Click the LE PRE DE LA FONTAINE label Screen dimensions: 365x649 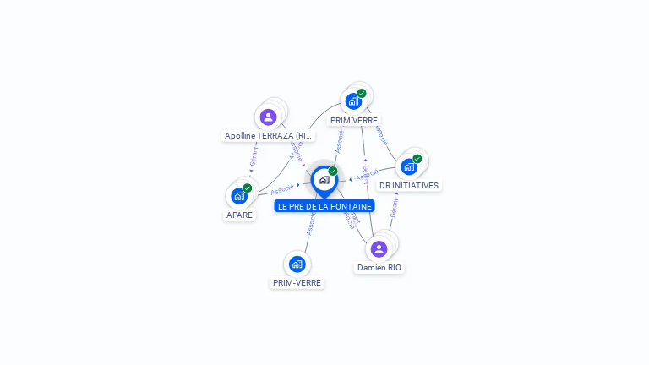point(324,206)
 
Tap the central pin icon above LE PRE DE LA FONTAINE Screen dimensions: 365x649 point(324,180)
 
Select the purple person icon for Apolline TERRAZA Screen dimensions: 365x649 point(269,117)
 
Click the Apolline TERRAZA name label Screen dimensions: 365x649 point(268,135)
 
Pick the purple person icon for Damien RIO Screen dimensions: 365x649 point(379,248)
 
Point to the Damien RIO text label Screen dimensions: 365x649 point(379,267)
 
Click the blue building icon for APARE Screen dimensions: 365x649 point(239,196)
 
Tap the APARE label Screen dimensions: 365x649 point(239,215)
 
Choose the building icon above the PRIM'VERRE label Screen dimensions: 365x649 point(353,101)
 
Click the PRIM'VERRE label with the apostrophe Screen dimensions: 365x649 point(354,120)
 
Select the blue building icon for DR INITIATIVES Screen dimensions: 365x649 point(409,166)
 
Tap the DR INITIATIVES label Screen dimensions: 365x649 point(409,185)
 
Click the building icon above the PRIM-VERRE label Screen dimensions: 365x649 point(297,264)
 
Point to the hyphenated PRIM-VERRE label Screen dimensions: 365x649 point(297,282)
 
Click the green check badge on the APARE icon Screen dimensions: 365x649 point(248,188)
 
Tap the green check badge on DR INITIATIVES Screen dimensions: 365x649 point(417,158)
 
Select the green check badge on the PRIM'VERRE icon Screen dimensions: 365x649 point(362,93)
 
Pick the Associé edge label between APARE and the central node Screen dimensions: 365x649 point(282,189)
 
